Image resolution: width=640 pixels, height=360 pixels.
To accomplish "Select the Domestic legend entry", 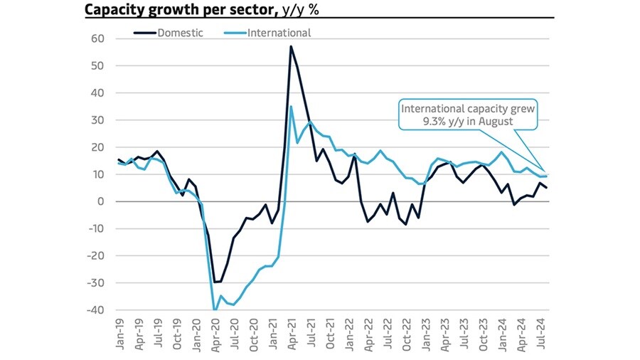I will click(174, 32).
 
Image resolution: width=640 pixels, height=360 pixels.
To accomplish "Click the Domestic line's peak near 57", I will click(291, 46).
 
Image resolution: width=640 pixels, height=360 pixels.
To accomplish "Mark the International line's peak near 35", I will click(291, 107).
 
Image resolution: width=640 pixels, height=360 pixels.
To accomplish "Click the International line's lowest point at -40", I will click(214, 310).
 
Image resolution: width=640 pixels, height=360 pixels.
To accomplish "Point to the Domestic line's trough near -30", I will click(215, 282).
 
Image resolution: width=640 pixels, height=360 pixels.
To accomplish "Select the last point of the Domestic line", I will click(547, 188).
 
